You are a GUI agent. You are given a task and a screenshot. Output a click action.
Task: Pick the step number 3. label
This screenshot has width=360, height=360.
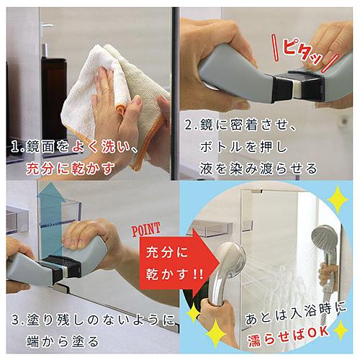(x=14, y=318)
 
